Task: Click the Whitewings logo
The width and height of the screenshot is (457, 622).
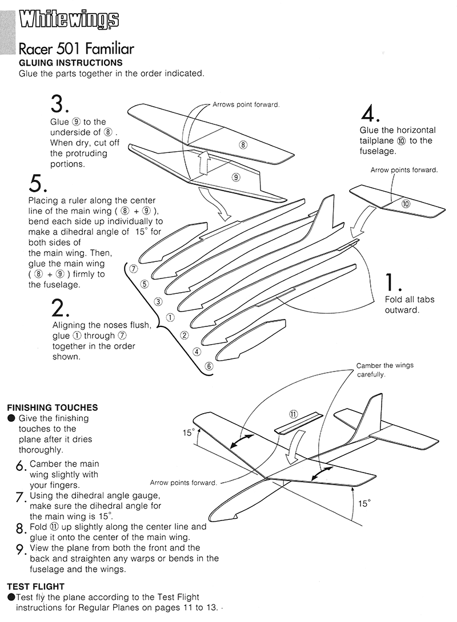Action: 69,21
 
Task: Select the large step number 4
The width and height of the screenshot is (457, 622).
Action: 371,113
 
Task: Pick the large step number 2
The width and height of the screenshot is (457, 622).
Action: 61,308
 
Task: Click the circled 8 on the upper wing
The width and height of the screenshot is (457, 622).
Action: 243,144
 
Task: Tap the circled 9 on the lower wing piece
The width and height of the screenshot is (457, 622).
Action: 236,177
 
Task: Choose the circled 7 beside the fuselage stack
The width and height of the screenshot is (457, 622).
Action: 133,268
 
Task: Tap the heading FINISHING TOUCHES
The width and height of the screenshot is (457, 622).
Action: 52,407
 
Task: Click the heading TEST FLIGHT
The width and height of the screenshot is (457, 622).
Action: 35,586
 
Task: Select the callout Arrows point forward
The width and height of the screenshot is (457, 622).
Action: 246,105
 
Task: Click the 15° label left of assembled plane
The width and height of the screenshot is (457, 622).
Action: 189,433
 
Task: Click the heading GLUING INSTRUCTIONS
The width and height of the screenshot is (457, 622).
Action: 71,63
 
